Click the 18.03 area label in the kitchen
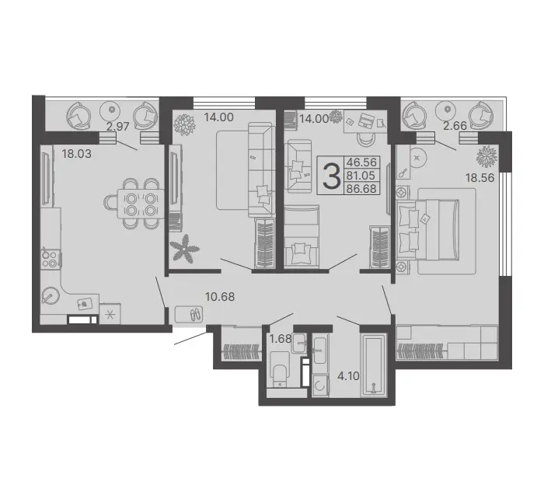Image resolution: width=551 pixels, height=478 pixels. (x=77, y=154)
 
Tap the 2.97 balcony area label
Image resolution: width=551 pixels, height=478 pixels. (x=118, y=126)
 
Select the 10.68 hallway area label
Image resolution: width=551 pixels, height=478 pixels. (x=220, y=297)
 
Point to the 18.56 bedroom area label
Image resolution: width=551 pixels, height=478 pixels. (x=480, y=178)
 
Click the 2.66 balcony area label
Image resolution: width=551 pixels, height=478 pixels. (x=455, y=125)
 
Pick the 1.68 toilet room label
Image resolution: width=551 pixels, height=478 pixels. (x=281, y=338)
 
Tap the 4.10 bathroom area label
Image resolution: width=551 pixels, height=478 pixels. (x=348, y=376)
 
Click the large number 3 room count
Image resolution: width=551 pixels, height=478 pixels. (x=332, y=176)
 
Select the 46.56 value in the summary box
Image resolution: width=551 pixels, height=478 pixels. (x=361, y=162)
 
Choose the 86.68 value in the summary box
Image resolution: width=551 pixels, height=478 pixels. (x=361, y=189)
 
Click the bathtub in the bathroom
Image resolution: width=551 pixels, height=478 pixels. (x=375, y=365)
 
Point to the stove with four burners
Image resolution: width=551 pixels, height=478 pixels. (x=49, y=259)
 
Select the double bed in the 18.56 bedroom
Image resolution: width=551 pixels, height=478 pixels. (x=428, y=230)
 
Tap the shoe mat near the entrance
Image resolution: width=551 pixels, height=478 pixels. (x=190, y=314)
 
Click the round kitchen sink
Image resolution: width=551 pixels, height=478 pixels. (x=51, y=295)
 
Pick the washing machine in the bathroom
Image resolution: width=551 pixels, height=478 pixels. (x=320, y=386)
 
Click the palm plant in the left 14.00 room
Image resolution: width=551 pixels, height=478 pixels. (x=184, y=249)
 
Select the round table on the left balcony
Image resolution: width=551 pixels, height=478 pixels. (x=112, y=109)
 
